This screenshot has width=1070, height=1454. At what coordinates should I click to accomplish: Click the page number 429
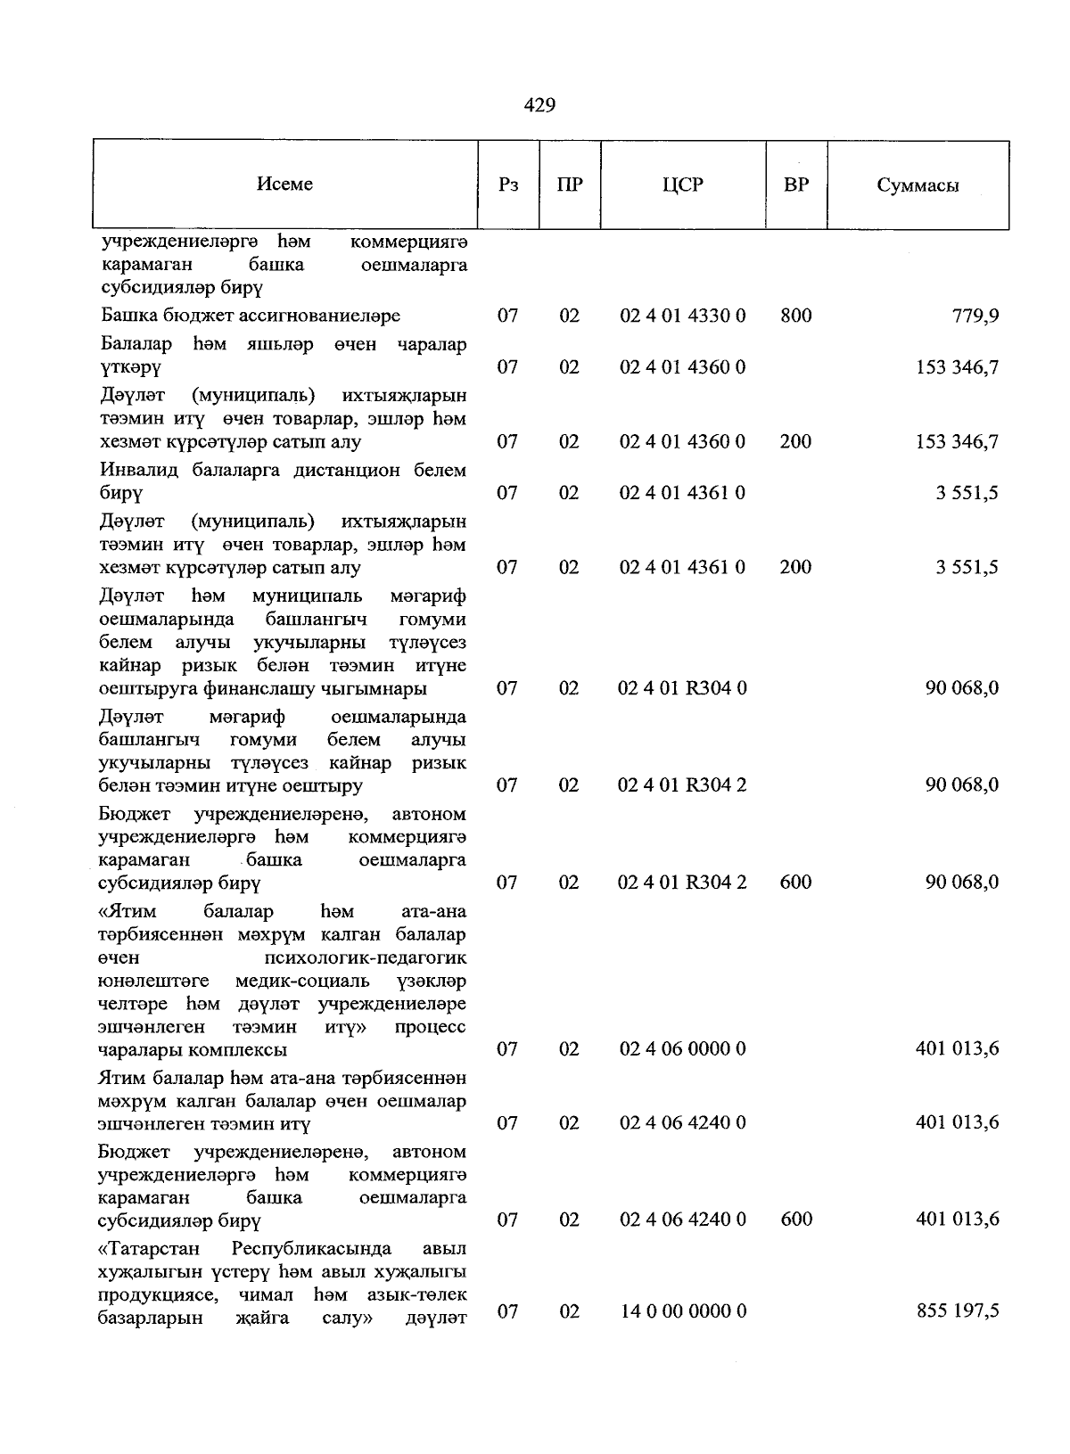tap(539, 105)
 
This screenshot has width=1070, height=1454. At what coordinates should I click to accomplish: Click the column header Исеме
tap(284, 184)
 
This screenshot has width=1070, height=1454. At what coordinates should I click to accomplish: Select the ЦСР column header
tap(682, 185)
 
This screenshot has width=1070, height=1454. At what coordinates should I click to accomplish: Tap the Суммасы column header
tap(918, 185)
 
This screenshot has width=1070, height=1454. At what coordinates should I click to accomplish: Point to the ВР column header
tap(795, 185)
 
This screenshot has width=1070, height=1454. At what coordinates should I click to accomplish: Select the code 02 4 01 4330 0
tap(682, 316)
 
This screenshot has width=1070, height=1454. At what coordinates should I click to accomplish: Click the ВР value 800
tap(795, 316)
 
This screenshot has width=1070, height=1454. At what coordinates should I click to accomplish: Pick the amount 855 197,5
tap(958, 1311)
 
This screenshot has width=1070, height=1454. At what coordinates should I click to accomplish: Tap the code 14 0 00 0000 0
tap(682, 1311)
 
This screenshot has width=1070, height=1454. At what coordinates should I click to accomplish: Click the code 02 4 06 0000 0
tap(682, 1049)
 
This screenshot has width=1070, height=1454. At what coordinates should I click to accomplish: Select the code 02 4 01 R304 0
tap(682, 688)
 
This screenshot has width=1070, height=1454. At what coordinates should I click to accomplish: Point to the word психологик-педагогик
tap(366, 957)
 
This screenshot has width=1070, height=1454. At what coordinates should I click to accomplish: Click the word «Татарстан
tap(149, 1247)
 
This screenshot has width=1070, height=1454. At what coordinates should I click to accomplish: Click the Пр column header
tap(569, 185)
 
